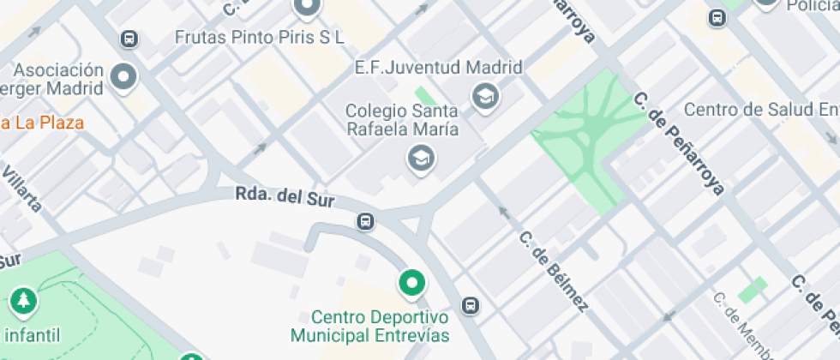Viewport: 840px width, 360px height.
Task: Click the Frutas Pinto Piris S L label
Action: click(259, 37)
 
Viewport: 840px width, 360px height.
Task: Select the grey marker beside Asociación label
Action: click(125, 78)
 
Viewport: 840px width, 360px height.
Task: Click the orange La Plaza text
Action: click(43, 123)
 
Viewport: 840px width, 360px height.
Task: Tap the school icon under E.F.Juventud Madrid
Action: click(485, 97)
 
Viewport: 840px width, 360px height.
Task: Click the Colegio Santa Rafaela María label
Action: click(401, 120)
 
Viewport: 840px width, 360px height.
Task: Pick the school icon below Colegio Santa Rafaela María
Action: click(421, 158)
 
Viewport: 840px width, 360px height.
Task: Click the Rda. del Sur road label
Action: click(284, 198)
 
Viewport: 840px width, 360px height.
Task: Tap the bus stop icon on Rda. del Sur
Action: click(366, 222)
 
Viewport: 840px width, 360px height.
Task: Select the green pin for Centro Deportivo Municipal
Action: click(412, 282)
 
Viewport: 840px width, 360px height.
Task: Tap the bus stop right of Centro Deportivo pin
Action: click(470, 305)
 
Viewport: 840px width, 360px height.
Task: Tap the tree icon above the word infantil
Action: click(23, 301)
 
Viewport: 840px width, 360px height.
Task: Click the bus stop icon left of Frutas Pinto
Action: click(129, 39)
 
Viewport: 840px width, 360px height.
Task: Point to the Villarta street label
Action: click(21, 189)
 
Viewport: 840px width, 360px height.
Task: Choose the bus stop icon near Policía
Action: click(717, 17)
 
